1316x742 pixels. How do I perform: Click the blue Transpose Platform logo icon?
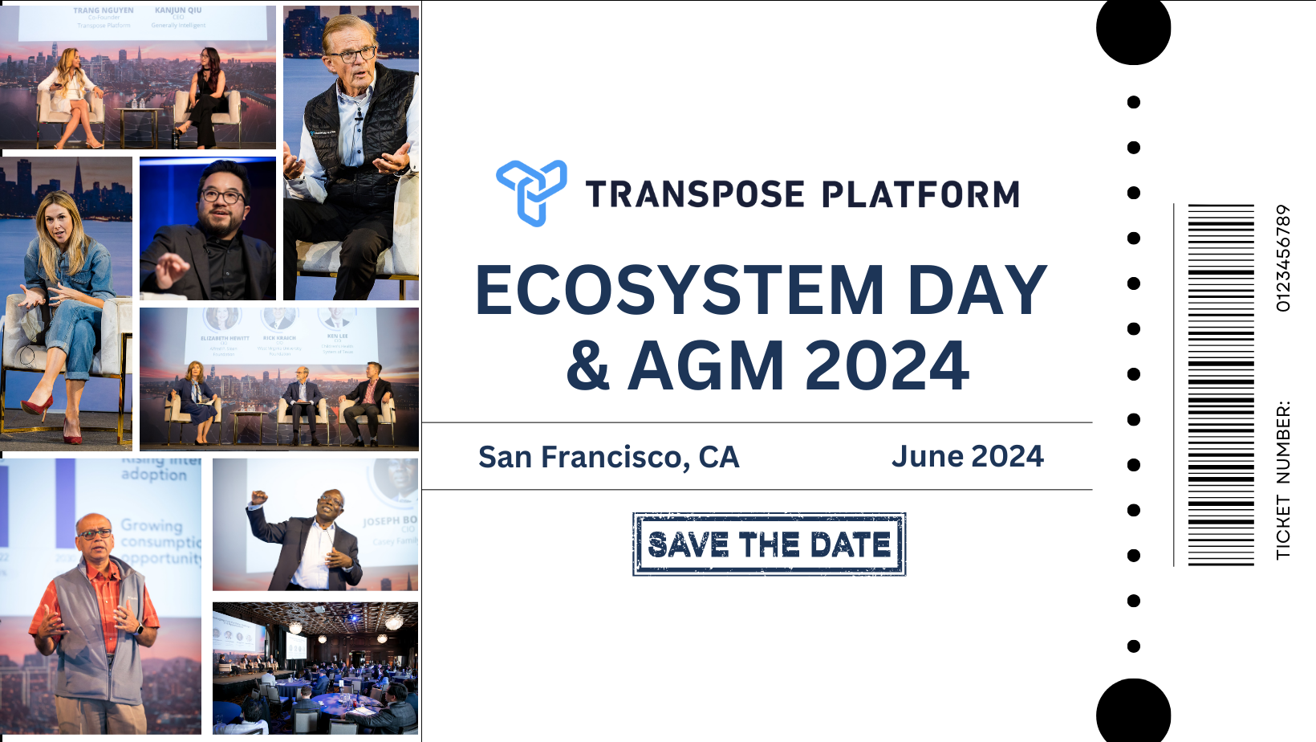531,193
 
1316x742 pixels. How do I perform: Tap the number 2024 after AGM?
887,366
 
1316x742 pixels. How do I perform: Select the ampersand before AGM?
588,366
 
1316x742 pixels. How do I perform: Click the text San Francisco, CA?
608,457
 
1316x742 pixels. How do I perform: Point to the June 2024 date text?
967,456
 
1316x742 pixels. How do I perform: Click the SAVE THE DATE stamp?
769,544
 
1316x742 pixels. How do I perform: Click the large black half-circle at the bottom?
1133,711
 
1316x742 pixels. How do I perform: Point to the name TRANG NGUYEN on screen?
104,10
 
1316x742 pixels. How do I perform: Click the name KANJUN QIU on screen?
178,10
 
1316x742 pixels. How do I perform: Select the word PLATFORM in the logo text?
920,195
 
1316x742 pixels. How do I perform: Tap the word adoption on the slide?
153,475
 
